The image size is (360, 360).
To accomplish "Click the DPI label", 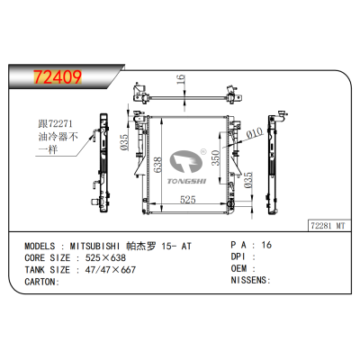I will pos(239,256).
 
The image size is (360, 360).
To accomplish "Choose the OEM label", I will pos(239,268).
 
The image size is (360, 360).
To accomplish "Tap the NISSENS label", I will pos(249,280).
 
